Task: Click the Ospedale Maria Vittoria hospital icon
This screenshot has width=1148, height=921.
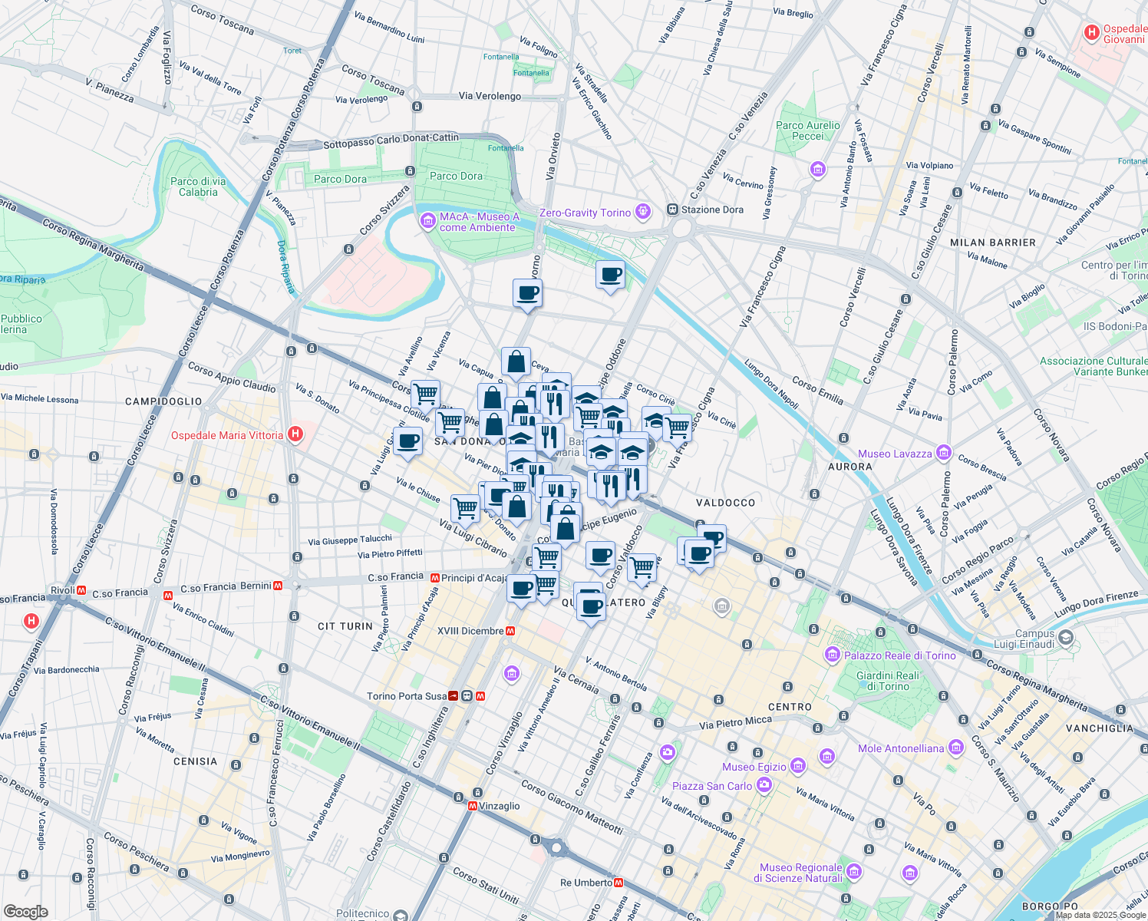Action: [x=295, y=435]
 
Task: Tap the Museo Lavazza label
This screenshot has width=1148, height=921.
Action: [x=895, y=454]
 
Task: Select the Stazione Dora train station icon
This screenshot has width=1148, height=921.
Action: [x=672, y=210]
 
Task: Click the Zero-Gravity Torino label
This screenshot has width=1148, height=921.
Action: [x=585, y=213]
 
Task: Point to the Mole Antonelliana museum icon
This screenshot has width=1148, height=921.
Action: [x=955, y=748]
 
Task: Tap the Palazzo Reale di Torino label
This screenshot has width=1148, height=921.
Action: [x=899, y=655]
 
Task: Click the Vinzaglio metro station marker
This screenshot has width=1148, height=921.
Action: [x=473, y=806]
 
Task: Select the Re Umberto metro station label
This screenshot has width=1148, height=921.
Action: [x=586, y=883]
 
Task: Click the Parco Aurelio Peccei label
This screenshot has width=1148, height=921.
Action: [x=807, y=130]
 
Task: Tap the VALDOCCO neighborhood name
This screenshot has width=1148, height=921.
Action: [x=725, y=503]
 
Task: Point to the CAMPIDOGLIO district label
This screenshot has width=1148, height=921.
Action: [x=163, y=401]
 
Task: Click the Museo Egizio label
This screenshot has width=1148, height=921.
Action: [x=754, y=767]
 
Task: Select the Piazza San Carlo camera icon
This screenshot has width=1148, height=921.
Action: [x=764, y=785]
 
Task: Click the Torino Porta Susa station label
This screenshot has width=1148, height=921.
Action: [x=406, y=696]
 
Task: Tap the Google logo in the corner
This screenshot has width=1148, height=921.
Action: [x=25, y=911]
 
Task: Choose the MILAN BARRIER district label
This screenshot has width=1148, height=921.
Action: [x=992, y=243]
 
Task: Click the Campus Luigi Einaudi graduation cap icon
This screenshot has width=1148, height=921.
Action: [x=1066, y=639]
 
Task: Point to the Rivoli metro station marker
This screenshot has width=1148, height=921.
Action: [x=81, y=590]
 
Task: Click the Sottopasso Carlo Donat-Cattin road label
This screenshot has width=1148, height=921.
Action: [x=391, y=140]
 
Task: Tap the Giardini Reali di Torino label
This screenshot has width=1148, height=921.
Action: [x=887, y=681]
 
